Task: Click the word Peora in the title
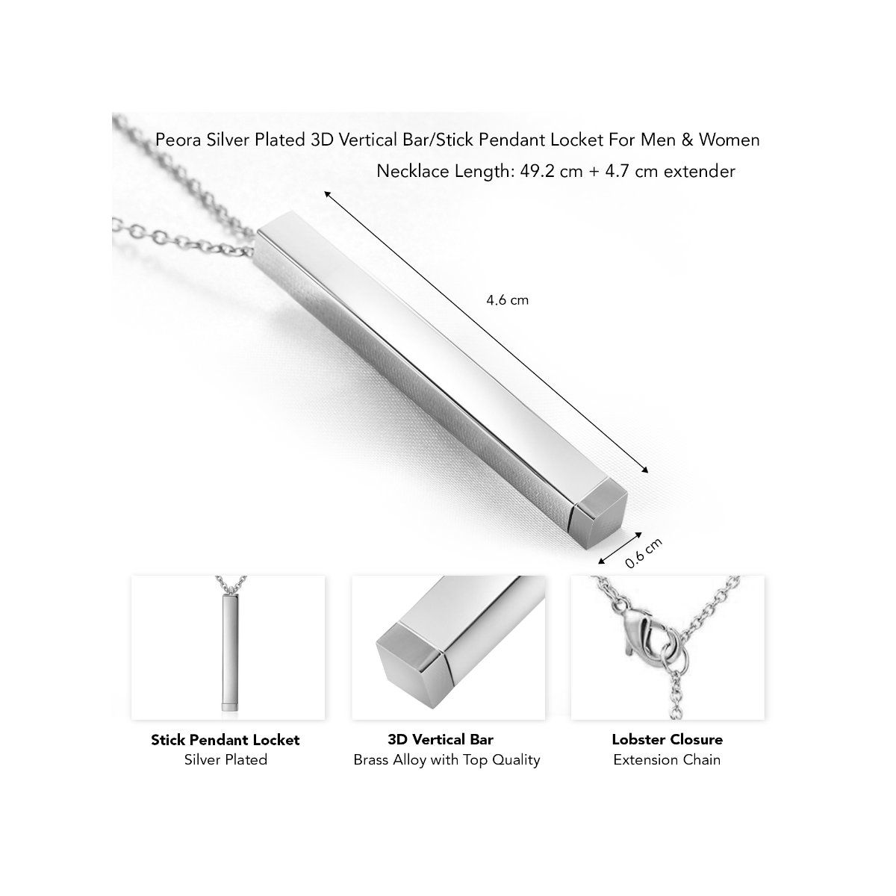175,140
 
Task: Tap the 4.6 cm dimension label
507,300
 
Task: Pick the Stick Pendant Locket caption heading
225,740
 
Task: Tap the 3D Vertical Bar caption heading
441,740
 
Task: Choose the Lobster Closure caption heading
667,740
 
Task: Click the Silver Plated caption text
225,760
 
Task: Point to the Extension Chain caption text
667,760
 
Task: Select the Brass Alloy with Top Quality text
447,760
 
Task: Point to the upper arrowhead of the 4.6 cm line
326,193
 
